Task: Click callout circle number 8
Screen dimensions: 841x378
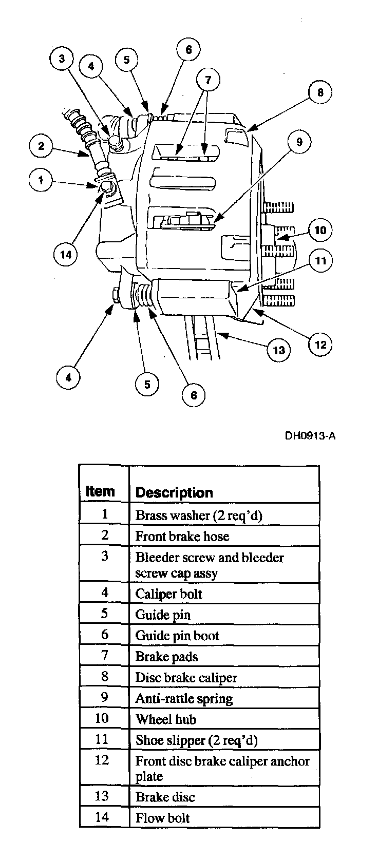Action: pos(320,93)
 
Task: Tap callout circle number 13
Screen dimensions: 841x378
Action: pos(278,350)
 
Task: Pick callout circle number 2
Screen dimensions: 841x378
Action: pos(41,146)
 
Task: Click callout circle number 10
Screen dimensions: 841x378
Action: pos(320,230)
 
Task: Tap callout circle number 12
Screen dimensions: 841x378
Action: pos(320,344)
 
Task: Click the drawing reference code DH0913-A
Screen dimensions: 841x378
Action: pos(311,436)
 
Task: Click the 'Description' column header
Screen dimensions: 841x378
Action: pos(174,493)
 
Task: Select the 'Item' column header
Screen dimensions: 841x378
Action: pos(100,491)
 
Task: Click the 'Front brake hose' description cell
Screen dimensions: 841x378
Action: pos(182,536)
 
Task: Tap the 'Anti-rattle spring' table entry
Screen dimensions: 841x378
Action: pos(183,699)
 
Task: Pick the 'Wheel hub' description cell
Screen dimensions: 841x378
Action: pos(165,719)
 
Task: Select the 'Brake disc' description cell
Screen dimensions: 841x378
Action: pos(165,797)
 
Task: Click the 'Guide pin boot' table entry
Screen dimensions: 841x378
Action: pos(177,636)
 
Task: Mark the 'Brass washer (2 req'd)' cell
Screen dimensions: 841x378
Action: pos(198,515)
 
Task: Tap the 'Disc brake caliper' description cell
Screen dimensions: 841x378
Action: pos(186,678)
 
